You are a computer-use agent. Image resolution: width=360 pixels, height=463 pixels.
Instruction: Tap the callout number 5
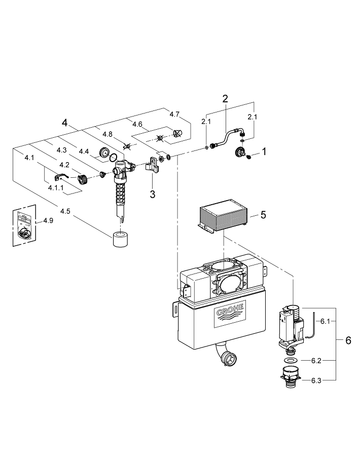tap(263, 214)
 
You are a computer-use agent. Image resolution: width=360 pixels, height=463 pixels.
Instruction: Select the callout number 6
tap(348, 340)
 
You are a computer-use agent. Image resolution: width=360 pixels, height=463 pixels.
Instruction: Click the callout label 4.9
tap(48, 220)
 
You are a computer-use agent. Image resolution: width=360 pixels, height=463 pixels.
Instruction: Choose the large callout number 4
tap(64, 123)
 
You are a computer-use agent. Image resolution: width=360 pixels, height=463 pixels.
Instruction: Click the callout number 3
tap(152, 194)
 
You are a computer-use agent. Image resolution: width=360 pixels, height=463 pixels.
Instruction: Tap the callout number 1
tap(263, 151)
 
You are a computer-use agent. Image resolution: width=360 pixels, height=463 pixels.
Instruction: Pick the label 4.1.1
tap(56, 187)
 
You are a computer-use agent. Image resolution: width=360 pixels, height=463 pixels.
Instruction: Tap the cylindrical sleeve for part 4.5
tap(121, 239)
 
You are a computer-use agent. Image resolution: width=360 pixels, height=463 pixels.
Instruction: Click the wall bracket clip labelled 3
tap(152, 167)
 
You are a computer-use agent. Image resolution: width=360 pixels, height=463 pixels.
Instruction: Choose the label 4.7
tap(174, 114)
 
